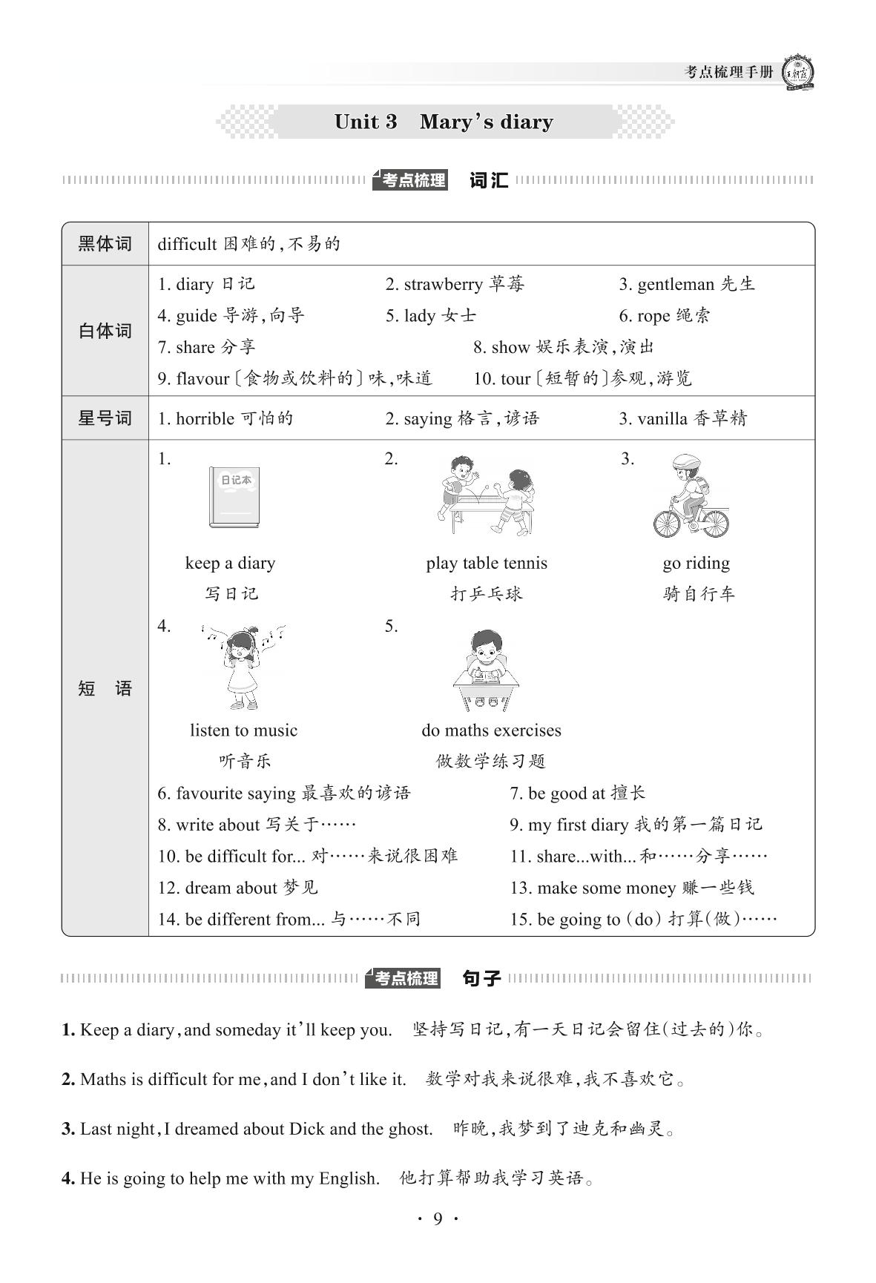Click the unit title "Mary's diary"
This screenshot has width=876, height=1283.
pyautogui.click(x=486, y=122)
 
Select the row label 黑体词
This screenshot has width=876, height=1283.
pyautogui.click(x=105, y=244)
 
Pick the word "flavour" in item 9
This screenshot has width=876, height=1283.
pyautogui.click(x=202, y=379)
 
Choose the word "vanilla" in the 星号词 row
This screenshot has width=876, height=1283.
pyautogui.click(x=662, y=419)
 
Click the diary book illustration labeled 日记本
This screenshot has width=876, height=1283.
pyautogui.click(x=234, y=497)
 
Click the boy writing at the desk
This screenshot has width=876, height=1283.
pyautogui.click(x=484, y=668)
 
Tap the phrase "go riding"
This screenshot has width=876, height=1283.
pyautogui.click(x=696, y=564)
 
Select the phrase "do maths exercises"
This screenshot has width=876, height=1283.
pyautogui.click(x=491, y=730)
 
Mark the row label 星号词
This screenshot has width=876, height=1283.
pyautogui.click(x=105, y=418)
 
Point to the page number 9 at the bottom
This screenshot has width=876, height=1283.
pyautogui.click(x=438, y=1218)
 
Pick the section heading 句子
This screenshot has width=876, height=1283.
pyautogui.click(x=481, y=979)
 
